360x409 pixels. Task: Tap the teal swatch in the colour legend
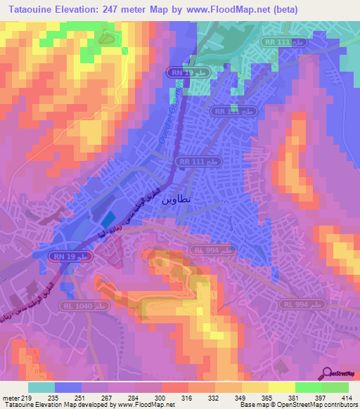[x=41, y=387]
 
